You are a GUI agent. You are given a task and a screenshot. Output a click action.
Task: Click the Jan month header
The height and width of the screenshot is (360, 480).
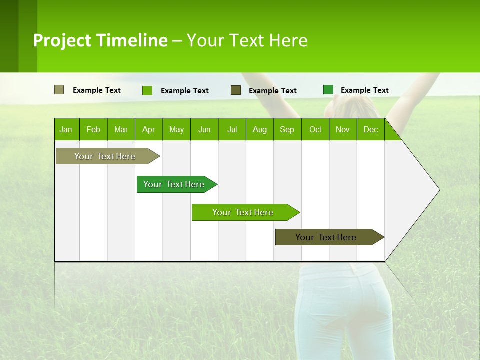point(66,129)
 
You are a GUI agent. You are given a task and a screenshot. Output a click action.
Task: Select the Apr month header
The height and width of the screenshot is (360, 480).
point(149,129)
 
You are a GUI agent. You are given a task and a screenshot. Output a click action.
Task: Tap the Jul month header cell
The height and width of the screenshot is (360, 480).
point(232,129)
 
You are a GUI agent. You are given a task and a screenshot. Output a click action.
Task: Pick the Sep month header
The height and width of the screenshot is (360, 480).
point(287,129)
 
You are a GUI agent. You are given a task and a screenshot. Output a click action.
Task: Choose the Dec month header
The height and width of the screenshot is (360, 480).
point(370,129)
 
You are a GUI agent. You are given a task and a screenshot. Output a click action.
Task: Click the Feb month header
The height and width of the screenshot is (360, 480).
point(93,129)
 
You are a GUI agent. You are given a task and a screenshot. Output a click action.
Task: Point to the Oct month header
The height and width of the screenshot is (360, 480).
point(315,129)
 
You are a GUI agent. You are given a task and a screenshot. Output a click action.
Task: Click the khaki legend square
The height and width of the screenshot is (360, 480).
point(59,90)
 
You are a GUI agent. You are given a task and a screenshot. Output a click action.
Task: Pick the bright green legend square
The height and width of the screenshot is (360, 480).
point(147,90)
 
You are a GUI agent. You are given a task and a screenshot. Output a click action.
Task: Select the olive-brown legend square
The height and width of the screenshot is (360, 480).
point(236,90)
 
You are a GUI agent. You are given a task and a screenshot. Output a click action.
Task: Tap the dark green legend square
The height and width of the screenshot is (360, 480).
point(328,90)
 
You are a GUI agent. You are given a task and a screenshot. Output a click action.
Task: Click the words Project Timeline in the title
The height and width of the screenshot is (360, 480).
point(100,40)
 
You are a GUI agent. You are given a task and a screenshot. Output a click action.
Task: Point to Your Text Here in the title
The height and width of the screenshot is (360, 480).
point(247,40)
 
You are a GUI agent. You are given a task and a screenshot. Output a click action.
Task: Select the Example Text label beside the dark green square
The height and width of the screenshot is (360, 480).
point(364,90)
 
